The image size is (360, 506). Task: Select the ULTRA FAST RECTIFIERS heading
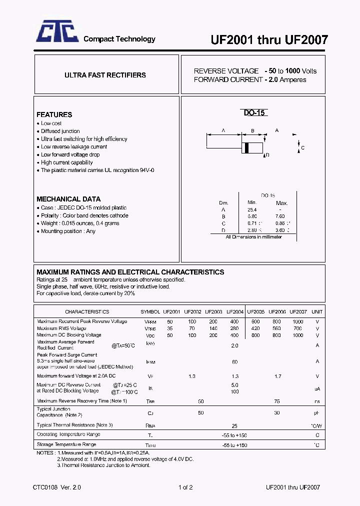coord(105,75)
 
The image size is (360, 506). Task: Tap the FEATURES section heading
coord(54,114)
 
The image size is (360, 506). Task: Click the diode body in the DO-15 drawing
coord(252,148)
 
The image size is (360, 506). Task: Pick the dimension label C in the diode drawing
coord(303,148)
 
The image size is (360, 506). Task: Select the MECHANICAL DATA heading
coord(68,199)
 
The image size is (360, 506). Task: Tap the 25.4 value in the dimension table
coord(252,210)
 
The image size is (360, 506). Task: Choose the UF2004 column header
coord(234,311)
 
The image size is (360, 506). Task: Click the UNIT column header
coord(317,311)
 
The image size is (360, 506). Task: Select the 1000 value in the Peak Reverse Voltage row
coord(298,321)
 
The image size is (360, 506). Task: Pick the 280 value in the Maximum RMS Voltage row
coord(234,328)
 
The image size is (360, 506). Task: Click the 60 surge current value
coord(234,361)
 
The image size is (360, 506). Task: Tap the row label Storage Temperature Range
coord(66,444)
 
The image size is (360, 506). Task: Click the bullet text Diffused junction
coord(60,131)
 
